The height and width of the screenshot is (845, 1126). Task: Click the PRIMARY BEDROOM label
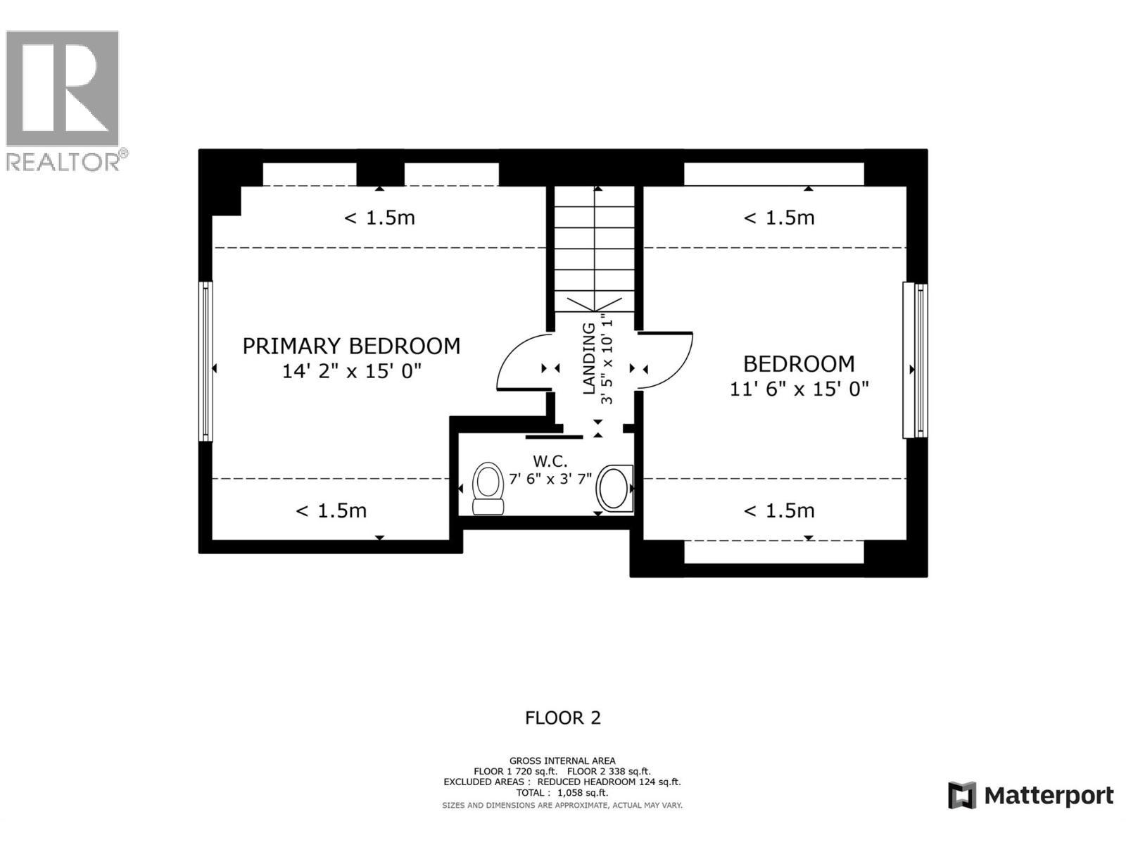click(x=351, y=346)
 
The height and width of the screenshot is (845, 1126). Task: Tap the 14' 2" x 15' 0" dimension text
click(x=351, y=371)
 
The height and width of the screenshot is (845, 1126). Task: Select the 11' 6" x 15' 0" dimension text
click(x=799, y=389)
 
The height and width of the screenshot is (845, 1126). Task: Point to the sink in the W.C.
click(x=614, y=488)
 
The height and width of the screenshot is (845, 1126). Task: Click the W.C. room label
click(x=550, y=461)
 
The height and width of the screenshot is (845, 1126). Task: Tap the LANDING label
click(x=589, y=358)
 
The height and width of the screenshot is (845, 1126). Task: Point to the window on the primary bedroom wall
click(x=206, y=361)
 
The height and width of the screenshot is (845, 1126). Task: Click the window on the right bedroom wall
click(x=916, y=360)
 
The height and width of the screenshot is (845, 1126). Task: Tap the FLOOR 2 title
click(x=562, y=718)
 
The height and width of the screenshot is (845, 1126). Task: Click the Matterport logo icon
click(x=961, y=796)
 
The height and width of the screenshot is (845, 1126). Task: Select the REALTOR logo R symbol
click(x=62, y=89)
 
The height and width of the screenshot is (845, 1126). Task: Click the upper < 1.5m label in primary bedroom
click(x=379, y=218)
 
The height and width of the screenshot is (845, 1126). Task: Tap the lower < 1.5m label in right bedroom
click(x=779, y=511)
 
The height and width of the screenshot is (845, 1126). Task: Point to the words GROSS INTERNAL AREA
click(x=562, y=760)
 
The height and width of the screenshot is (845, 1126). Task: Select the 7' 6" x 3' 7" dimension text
click(x=550, y=478)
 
